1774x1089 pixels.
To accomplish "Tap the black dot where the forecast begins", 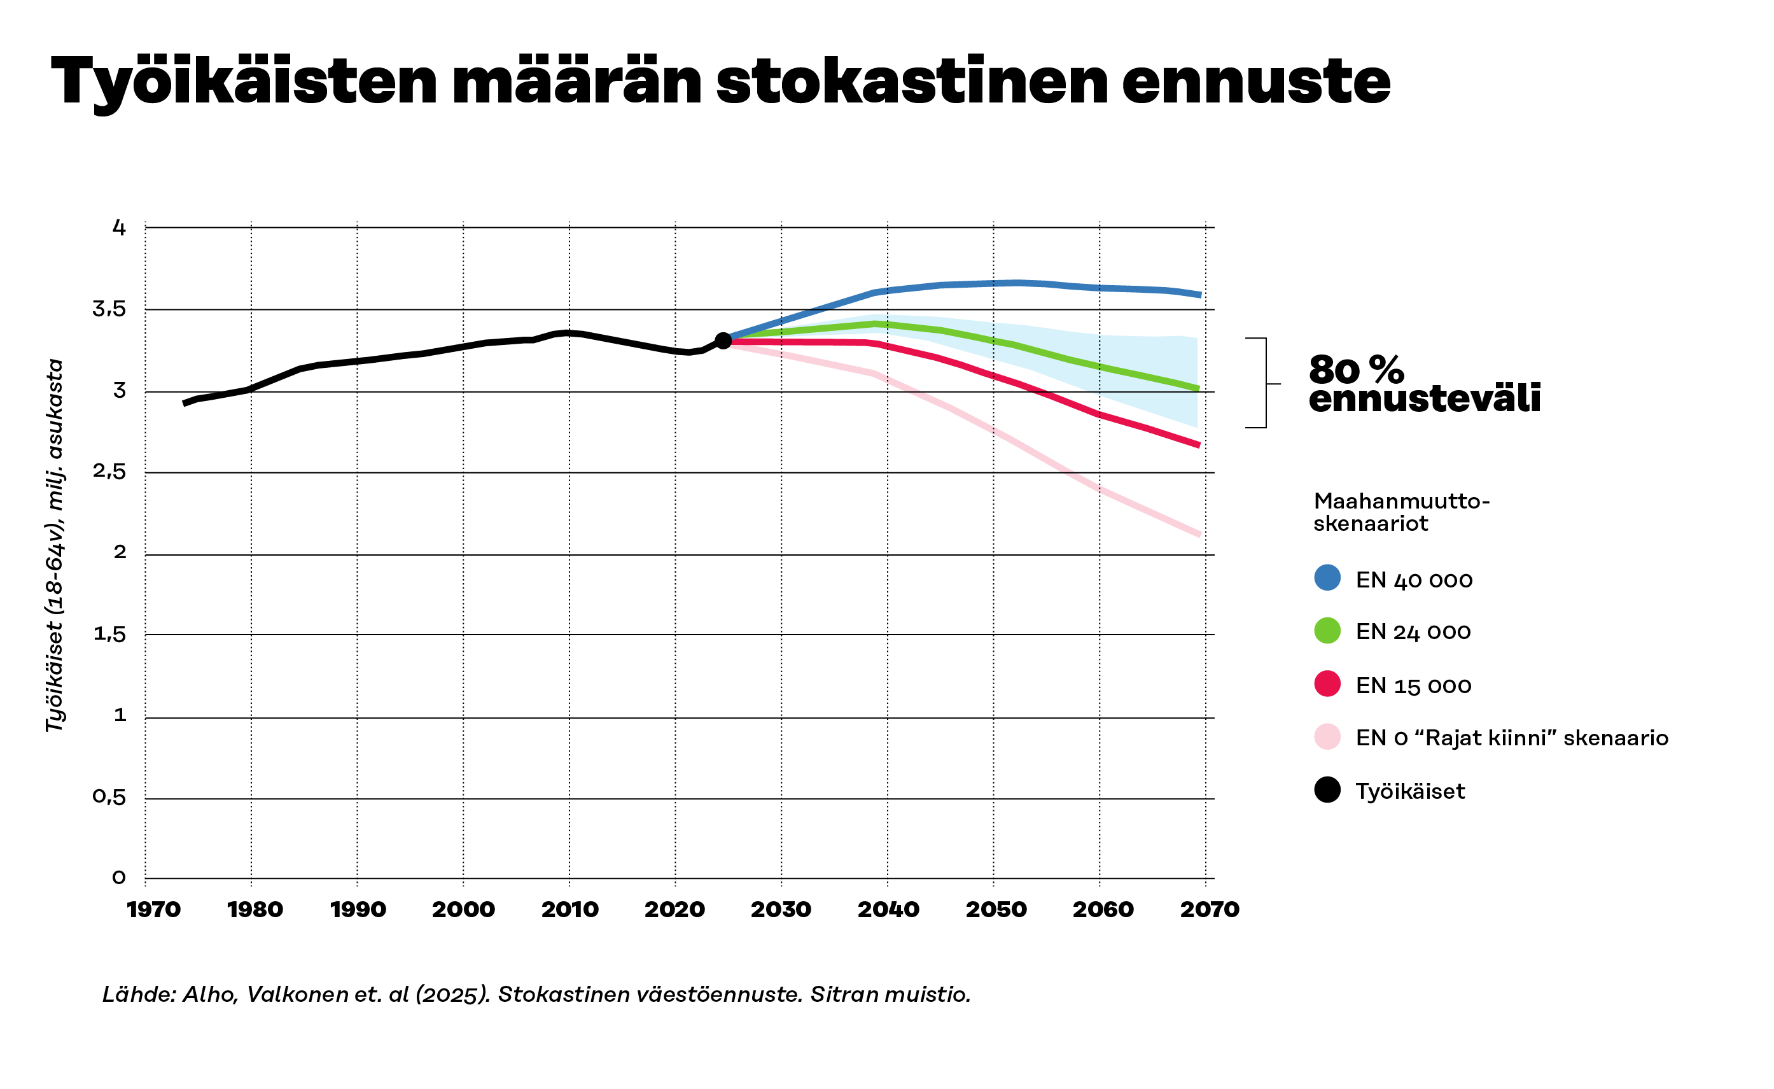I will (x=723, y=341).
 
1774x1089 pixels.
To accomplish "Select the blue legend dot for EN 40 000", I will (x=1327, y=578).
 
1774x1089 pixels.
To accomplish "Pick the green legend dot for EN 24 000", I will (x=1327, y=630).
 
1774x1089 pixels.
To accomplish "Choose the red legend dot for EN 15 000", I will (x=1327, y=684).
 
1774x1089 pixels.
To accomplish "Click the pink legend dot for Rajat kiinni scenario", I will (x=1327, y=737).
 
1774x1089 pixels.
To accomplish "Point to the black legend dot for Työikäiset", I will (x=1327, y=790).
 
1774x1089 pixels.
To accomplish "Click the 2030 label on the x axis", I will (x=781, y=910).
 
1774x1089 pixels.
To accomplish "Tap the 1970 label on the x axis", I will (x=153, y=910).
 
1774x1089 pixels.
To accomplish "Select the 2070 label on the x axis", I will (x=1210, y=910).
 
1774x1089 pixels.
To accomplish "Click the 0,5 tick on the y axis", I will (x=109, y=797).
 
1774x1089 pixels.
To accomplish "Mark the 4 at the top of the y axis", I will (x=119, y=228).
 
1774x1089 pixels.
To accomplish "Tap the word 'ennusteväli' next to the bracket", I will (x=1424, y=398).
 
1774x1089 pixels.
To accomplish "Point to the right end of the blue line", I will (x=1199, y=295).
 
